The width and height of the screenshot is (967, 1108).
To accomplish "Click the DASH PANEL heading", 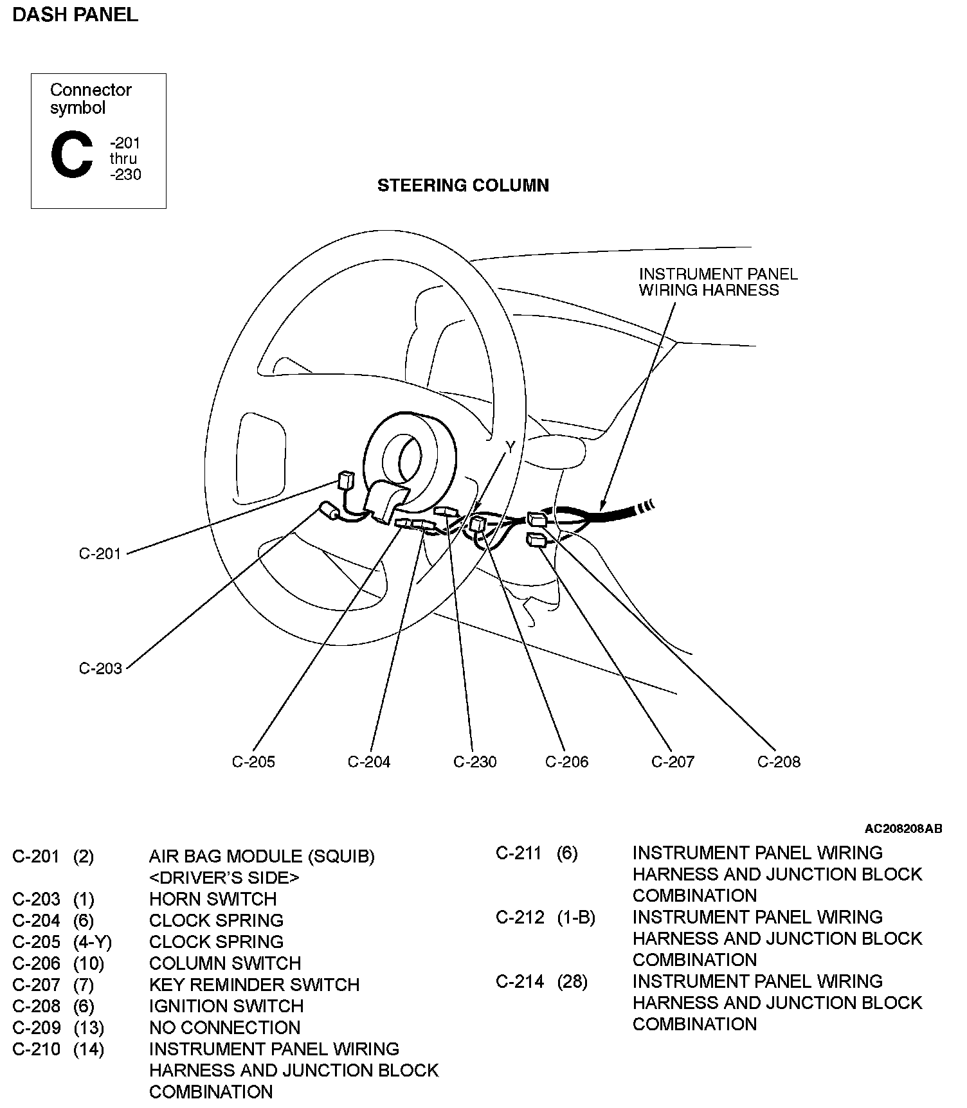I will [75, 15].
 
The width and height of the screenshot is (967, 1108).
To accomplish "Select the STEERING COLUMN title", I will [463, 186].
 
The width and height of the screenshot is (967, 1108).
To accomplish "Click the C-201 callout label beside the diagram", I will [100, 553].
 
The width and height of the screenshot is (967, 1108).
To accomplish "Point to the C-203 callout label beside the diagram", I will [100, 668].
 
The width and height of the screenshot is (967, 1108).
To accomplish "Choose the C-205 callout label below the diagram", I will [253, 762].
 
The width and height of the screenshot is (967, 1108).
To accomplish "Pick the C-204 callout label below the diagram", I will [369, 762].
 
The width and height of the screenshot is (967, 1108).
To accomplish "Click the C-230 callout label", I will [475, 762].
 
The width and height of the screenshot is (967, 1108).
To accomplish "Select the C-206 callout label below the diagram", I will [567, 762].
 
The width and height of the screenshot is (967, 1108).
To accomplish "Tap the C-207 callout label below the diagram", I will [673, 762].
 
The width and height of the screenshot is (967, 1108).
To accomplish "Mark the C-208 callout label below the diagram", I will [779, 762].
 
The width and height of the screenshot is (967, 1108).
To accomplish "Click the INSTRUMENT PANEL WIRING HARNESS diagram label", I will [718, 282].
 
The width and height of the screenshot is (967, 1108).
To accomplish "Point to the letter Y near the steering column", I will [511, 448].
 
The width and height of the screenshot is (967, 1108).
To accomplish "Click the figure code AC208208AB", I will [903, 828].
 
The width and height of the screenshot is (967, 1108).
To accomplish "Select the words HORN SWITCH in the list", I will [213, 898].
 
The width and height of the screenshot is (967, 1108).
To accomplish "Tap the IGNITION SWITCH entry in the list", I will [226, 1006].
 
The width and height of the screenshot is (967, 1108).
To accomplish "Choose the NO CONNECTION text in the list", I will [225, 1027].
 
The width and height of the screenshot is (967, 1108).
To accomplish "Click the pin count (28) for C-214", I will [572, 981].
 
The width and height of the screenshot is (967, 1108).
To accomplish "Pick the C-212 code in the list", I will [520, 917].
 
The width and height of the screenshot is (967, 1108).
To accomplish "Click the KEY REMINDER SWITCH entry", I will [254, 985].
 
